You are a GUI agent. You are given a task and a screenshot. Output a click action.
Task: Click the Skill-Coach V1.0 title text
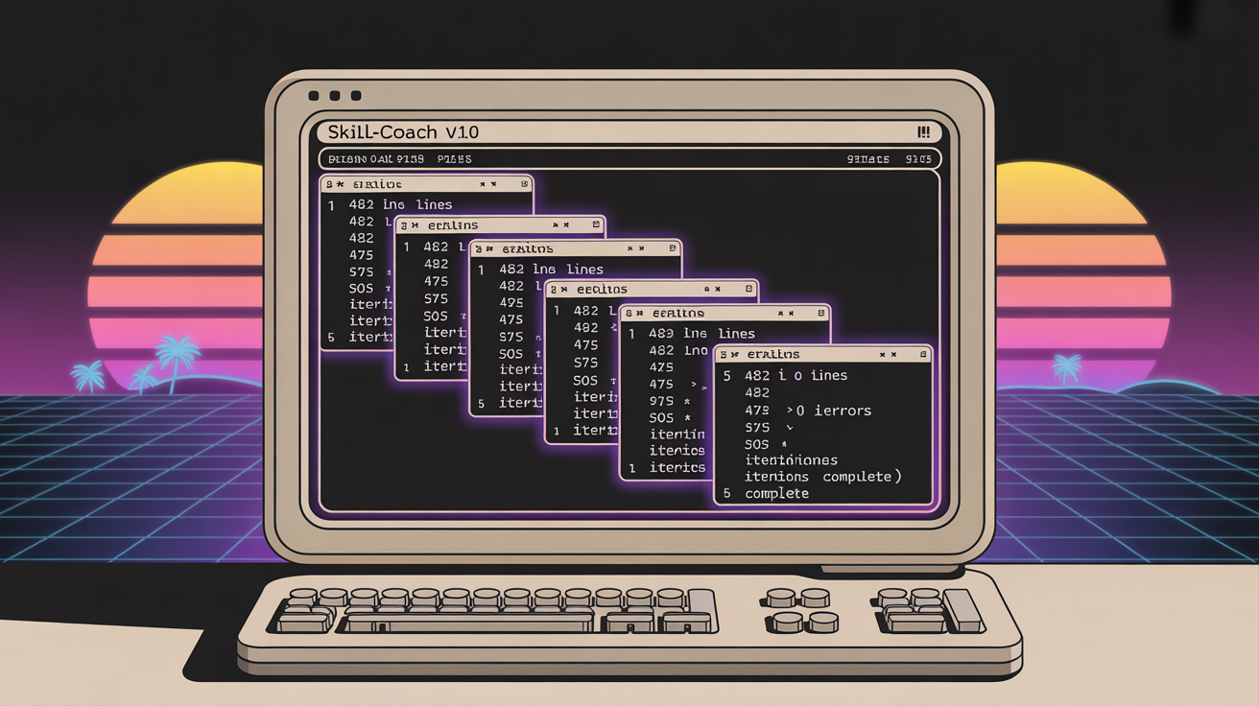403,131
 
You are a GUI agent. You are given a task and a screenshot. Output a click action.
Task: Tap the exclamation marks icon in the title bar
923,132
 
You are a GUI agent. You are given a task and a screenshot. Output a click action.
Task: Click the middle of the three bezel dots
335,96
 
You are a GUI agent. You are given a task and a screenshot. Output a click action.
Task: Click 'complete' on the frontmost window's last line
776,493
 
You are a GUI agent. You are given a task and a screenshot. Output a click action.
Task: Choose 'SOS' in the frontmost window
757,445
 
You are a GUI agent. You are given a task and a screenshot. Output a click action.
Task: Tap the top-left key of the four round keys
780,598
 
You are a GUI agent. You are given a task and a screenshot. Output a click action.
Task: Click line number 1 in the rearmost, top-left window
331,204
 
